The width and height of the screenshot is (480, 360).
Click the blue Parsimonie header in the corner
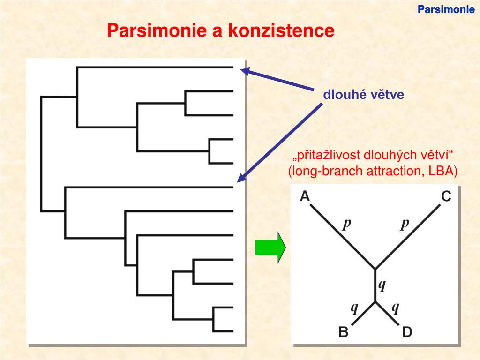[446, 9]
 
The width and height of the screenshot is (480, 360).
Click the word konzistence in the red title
[281, 31]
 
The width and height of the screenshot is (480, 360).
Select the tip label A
[305, 196]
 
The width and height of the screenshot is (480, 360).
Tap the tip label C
[446, 196]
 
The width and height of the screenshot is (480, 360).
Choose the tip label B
[343, 332]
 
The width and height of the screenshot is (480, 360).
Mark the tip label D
[407, 332]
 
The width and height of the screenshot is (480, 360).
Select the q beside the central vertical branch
[382, 285]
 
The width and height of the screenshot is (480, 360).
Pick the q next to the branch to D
[395, 308]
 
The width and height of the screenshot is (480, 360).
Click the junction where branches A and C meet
[375, 269]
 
